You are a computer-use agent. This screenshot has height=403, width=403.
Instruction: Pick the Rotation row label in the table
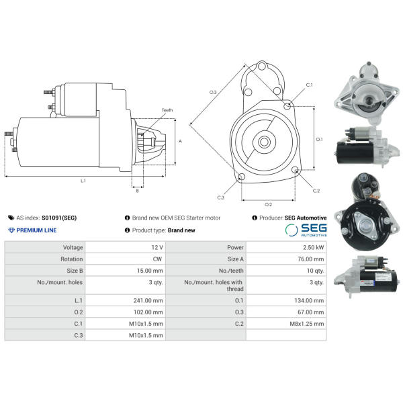click(71, 258)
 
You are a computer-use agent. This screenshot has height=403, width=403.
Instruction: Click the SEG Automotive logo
click(306, 230)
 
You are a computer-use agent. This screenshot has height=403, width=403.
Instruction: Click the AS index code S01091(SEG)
click(59, 218)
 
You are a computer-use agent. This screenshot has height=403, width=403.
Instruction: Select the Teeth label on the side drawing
click(167, 110)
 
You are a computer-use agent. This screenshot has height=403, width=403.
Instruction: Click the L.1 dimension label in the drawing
click(83, 181)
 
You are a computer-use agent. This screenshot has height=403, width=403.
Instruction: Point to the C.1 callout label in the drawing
click(309, 85)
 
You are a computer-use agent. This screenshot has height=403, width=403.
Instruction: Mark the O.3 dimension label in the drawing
click(214, 91)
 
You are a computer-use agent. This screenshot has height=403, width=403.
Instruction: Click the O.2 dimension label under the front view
click(268, 204)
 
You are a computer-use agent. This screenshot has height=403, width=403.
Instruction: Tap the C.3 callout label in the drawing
click(220, 197)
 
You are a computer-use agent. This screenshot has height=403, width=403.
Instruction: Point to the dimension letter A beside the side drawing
click(180, 141)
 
